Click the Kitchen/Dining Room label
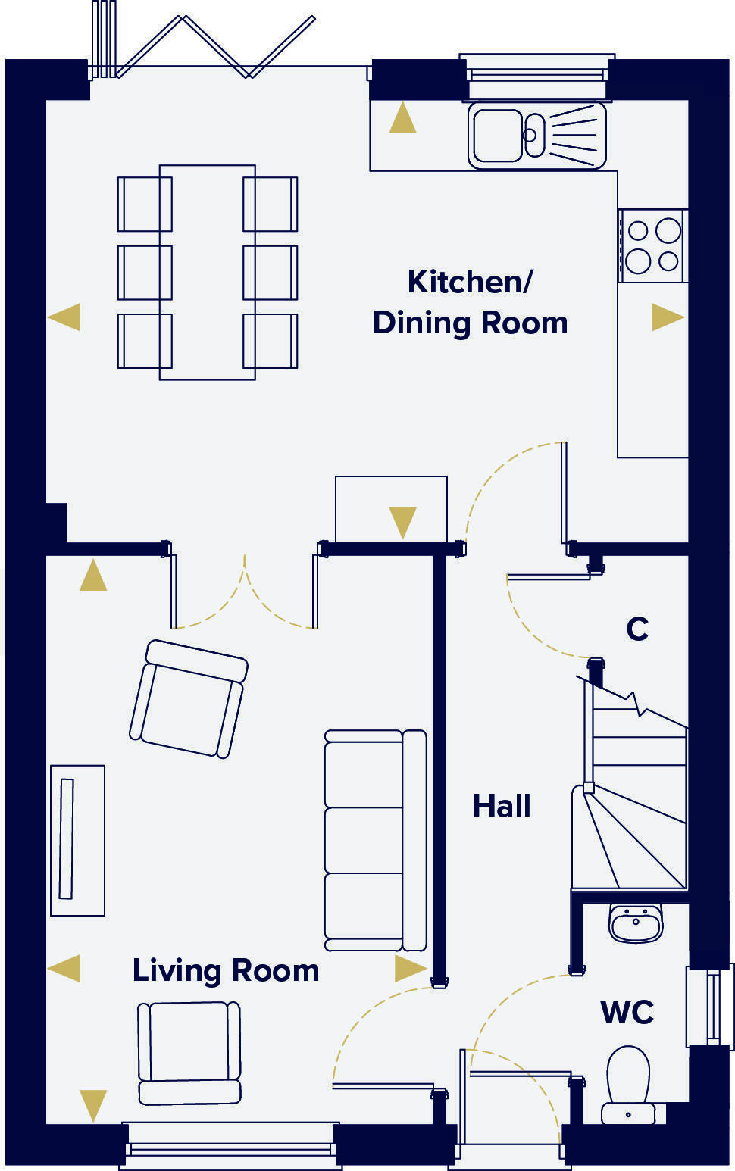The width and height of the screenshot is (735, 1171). click(x=470, y=302)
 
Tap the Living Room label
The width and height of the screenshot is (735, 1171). click(x=226, y=970)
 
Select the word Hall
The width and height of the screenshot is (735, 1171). click(x=502, y=806)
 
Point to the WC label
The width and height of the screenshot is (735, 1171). click(x=627, y=1012)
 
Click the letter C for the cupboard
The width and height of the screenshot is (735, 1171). click(x=637, y=629)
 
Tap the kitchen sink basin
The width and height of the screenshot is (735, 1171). click(x=497, y=136)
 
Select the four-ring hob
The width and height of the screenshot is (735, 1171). click(x=652, y=245)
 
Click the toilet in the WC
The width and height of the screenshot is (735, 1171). click(x=628, y=1083)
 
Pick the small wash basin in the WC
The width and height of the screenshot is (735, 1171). click(x=636, y=923)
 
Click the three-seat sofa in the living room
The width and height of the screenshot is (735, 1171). click(x=374, y=840)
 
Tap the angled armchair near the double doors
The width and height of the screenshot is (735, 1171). click(x=189, y=698)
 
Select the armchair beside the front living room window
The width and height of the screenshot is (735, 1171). click(x=189, y=1052)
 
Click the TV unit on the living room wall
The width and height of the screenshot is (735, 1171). click(x=77, y=840)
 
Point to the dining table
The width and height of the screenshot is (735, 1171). click(x=207, y=272)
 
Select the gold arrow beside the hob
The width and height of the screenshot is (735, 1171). click(x=668, y=317)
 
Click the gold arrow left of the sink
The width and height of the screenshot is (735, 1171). click(x=402, y=119)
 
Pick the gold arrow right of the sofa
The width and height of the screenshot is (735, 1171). click(x=410, y=968)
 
